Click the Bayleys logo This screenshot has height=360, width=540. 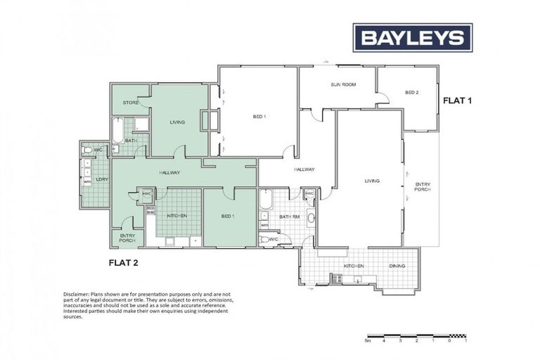412,37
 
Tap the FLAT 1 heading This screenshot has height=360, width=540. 457,101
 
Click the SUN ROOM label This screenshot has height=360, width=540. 343,84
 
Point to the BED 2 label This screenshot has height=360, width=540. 412,93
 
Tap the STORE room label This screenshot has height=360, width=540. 131,103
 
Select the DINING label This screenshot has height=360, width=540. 397,266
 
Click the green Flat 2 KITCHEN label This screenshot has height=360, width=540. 176,215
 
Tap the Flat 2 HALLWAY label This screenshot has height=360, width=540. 170,173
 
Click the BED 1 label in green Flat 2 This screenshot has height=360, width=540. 227,215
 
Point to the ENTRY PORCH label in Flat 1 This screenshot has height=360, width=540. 422,186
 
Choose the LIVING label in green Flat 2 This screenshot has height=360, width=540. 177,122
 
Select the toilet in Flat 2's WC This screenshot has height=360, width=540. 88,150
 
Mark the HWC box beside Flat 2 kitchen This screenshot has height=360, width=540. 148,194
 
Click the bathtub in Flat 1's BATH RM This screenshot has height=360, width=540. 266,200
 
